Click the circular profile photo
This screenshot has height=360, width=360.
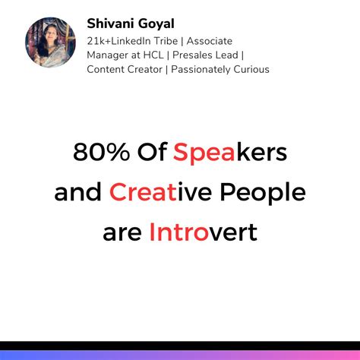50,43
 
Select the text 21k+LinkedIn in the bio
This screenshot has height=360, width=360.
122,40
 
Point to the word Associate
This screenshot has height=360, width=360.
213,40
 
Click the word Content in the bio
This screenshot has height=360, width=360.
106,70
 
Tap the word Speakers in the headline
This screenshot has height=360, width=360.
229,153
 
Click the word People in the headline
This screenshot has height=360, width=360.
263,192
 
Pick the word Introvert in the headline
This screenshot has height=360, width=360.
203,231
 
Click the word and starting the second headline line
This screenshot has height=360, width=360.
77,192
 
